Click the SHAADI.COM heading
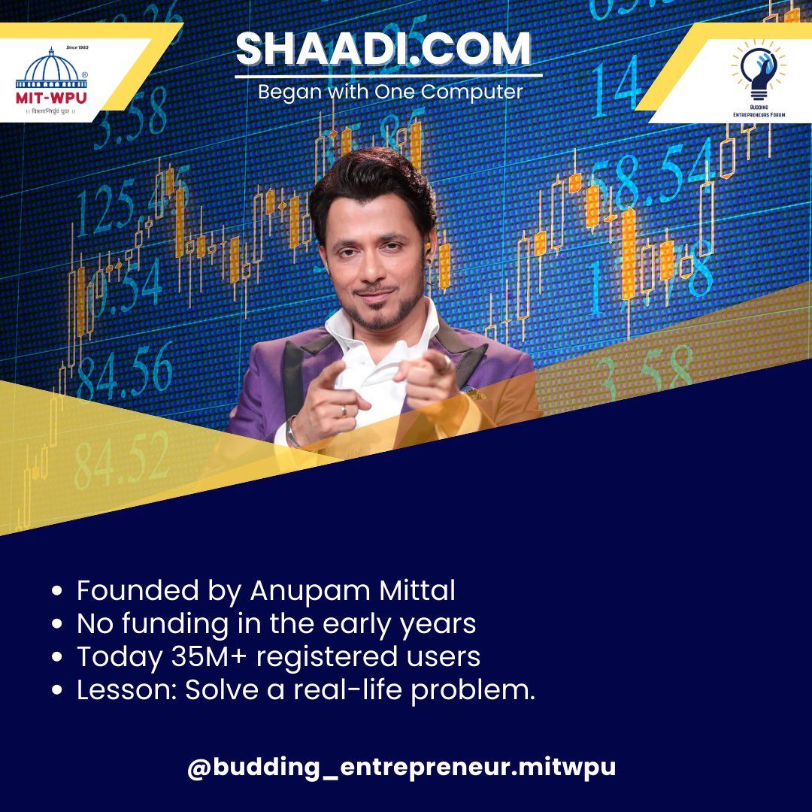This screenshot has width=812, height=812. coord(383,50)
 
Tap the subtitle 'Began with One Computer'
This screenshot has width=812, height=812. coord(389,92)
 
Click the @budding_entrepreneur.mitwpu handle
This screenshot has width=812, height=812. coord(401,768)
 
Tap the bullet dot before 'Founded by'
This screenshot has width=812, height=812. coord(58,592)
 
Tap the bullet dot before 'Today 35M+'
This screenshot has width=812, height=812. coord(58,658)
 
